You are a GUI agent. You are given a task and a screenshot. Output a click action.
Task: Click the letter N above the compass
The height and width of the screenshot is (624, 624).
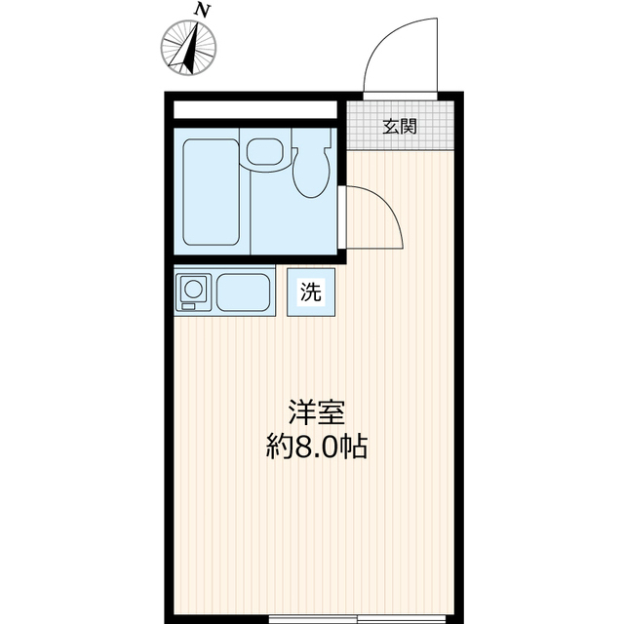(x=202, y=11)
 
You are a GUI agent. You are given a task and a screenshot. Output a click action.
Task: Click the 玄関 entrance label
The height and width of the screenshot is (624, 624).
(x=399, y=125)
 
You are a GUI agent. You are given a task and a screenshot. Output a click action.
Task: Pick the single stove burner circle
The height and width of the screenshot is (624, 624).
(x=193, y=289)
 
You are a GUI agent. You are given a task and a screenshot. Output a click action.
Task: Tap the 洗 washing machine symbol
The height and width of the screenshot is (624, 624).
(x=310, y=291)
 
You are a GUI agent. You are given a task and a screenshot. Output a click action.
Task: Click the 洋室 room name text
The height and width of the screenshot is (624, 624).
(x=316, y=412)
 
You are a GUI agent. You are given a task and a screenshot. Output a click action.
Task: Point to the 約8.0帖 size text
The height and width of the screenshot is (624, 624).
(x=316, y=448)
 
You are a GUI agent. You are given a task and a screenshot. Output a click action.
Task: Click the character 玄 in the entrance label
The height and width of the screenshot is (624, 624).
(x=390, y=125)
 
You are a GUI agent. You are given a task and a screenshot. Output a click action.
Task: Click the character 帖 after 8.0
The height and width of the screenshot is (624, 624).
(x=353, y=448)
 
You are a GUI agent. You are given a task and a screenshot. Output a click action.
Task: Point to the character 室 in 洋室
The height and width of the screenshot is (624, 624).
(x=331, y=412)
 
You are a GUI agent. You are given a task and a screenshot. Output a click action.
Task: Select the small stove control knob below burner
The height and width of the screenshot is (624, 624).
(x=192, y=306)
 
